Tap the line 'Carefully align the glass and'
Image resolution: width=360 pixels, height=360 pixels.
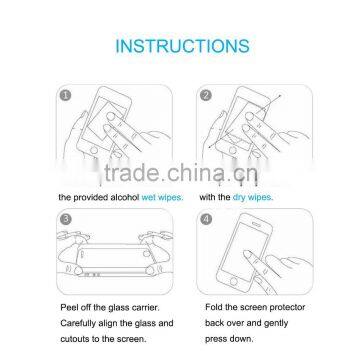pos(115,322)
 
